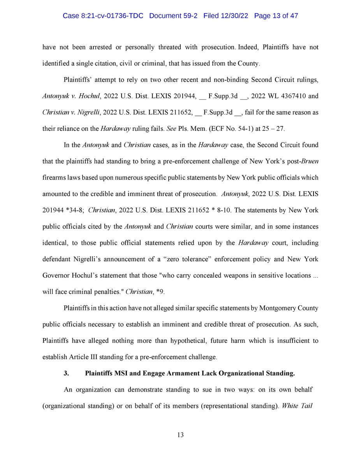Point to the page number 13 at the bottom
(180, 435)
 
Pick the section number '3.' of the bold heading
(66, 373)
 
